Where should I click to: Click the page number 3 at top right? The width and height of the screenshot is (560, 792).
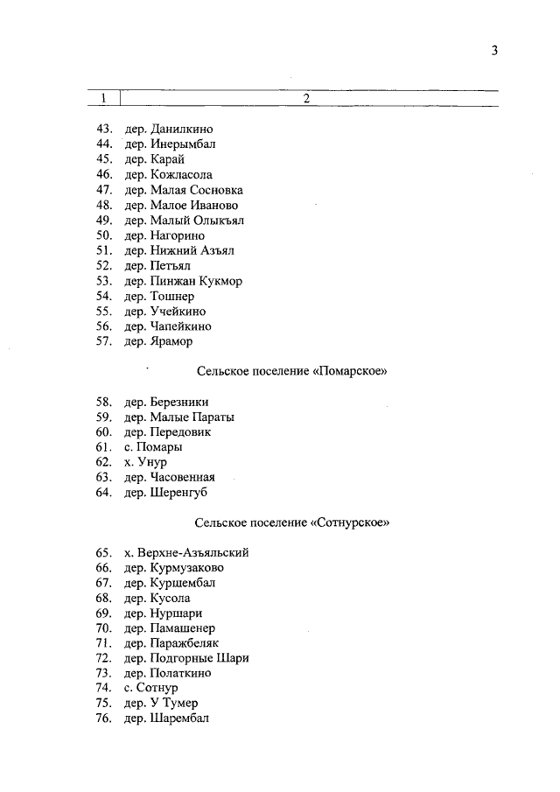(494, 51)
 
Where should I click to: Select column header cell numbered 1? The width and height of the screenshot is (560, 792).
(104, 98)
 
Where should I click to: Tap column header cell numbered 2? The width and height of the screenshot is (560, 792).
(307, 98)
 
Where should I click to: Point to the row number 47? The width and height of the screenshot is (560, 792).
(104, 190)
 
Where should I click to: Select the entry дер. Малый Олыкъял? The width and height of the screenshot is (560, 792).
(184, 221)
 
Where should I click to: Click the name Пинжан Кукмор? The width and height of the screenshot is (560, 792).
(195, 281)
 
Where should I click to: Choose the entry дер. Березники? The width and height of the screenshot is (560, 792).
(166, 403)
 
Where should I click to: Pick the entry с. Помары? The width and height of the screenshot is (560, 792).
(153, 447)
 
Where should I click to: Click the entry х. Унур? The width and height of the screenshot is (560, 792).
(145, 462)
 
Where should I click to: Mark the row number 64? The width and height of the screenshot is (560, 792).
(104, 493)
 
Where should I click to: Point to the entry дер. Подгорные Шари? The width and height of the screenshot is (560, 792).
(186, 658)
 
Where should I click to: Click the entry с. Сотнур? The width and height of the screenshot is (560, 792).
(151, 688)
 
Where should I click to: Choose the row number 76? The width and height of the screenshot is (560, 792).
(104, 718)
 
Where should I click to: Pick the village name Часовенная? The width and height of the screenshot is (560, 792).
(182, 478)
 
